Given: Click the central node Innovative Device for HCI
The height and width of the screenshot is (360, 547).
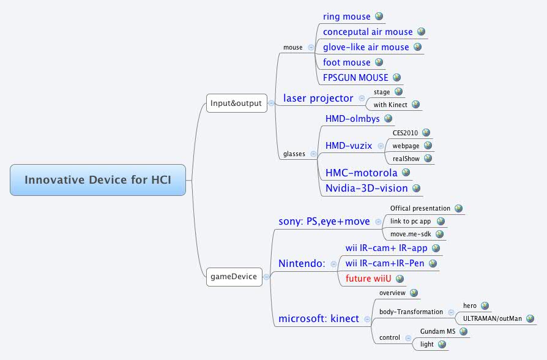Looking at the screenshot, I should tap(98, 180).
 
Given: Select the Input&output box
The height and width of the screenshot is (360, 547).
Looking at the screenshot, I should tap(236, 103).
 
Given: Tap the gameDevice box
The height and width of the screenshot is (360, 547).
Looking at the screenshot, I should tap(234, 277).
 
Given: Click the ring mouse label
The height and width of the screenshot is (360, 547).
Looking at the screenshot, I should tap(346, 17).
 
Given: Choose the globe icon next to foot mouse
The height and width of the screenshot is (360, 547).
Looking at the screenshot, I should tap(379, 62).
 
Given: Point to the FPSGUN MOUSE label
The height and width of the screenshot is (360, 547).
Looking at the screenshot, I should tap(355, 78).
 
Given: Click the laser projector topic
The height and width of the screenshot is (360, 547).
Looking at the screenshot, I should tap(318, 98).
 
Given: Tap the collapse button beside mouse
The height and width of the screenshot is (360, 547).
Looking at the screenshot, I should tap(311, 47).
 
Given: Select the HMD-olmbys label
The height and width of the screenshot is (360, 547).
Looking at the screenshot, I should tap(352, 119).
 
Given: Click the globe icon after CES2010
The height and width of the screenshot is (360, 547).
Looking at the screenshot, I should tap(426, 132).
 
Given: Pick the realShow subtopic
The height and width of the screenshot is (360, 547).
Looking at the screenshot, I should tap(405, 159).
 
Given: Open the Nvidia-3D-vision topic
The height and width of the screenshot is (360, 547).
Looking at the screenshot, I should tap(366, 188).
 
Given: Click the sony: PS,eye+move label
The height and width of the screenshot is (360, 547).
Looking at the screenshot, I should tap(324, 222).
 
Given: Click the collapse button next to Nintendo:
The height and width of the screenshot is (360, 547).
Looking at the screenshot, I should tap(333, 264).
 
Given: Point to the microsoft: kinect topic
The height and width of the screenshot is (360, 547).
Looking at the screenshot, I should tap(319, 318).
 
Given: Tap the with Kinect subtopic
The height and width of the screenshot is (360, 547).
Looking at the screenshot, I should tap(390, 105).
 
